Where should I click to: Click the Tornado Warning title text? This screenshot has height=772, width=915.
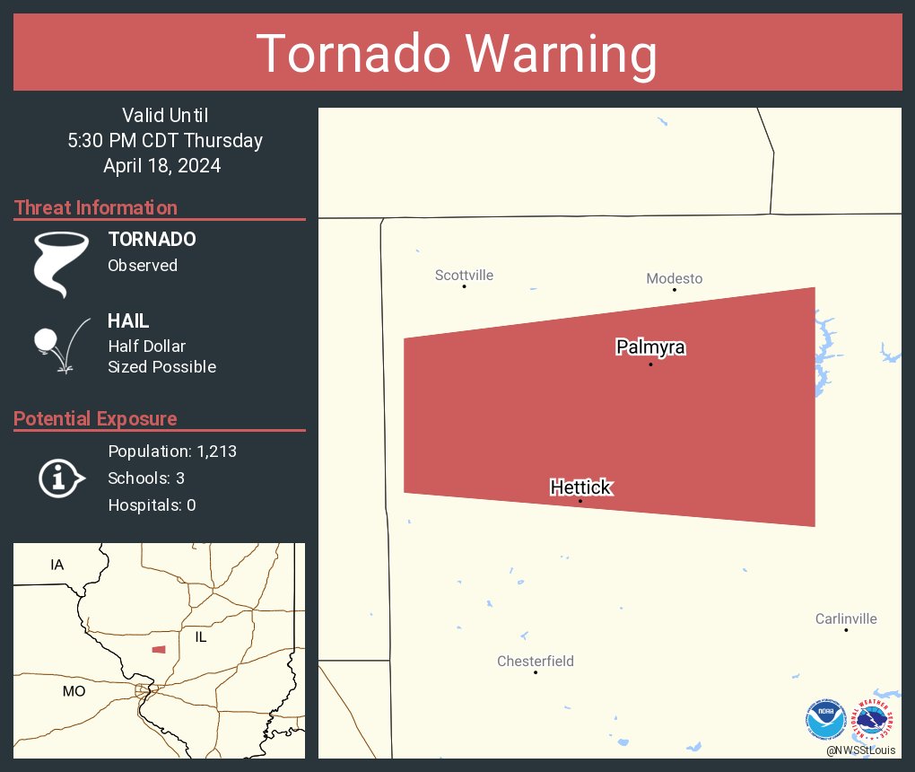[457, 54]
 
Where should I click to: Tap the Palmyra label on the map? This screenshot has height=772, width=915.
[650, 347]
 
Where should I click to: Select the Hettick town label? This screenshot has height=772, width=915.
[580, 487]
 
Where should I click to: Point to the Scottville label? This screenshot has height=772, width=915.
[464, 275]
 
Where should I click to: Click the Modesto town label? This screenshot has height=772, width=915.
[674, 278]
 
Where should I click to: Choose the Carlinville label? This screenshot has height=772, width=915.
[846, 618]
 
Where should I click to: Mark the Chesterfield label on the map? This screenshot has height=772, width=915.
[536, 662]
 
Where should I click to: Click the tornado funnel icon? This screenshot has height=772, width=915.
[60, 263]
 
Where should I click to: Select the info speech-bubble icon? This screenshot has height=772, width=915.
[60, 478]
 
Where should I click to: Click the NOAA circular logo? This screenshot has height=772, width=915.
[825, 719]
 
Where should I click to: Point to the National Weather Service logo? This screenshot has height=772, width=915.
[874, 719]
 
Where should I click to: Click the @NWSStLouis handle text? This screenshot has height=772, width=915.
[861, 750]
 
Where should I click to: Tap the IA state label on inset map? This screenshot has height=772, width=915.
[57, 565]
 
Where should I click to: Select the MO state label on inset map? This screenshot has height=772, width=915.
[74, 691]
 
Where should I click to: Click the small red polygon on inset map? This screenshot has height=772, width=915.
[159, 649]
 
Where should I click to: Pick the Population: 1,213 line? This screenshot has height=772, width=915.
[172, 452]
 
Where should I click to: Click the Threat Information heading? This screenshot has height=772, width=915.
[96, 207]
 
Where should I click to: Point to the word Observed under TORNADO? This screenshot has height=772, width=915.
[143, 265]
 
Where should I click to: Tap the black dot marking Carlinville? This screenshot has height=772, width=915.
[846, 630]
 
